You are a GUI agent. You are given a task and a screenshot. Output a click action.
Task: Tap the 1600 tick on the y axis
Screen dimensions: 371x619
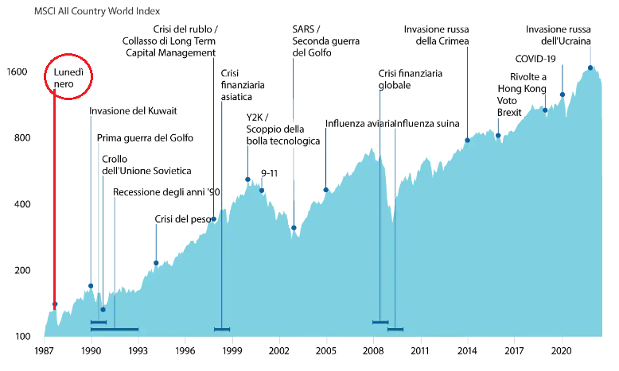click(x=18, y=72)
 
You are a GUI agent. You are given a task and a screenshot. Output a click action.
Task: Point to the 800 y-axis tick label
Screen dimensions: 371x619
click(x=21, y=138)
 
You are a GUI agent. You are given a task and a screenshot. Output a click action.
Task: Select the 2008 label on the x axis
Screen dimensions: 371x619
click(x=373, y=350)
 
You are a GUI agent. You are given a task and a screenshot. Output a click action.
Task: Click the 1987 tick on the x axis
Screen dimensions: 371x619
click(x=44, y=350)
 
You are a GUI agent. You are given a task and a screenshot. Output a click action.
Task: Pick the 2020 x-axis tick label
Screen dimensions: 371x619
click(x=562, y=350)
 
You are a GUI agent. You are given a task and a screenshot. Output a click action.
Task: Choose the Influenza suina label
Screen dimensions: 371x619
click(x=430, y=124)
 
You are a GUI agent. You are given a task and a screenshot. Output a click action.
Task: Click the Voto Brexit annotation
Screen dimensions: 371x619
click(x=509, y=107)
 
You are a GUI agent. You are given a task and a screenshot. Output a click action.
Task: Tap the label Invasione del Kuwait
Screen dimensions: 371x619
click(x=133, y=111)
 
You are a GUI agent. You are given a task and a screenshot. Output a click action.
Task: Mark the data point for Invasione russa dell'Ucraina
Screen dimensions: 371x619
click(x=590, y=68)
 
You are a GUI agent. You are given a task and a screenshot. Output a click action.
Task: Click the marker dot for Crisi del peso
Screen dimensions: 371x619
click(x=156, y=263)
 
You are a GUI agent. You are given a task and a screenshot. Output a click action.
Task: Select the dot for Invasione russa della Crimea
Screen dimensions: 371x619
click(x=467, y=141)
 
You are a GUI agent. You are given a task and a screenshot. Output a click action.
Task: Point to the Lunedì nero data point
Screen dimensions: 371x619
click(x=55, y=304)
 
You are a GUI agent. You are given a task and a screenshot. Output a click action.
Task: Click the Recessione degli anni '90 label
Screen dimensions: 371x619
click(x=166, y=192)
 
